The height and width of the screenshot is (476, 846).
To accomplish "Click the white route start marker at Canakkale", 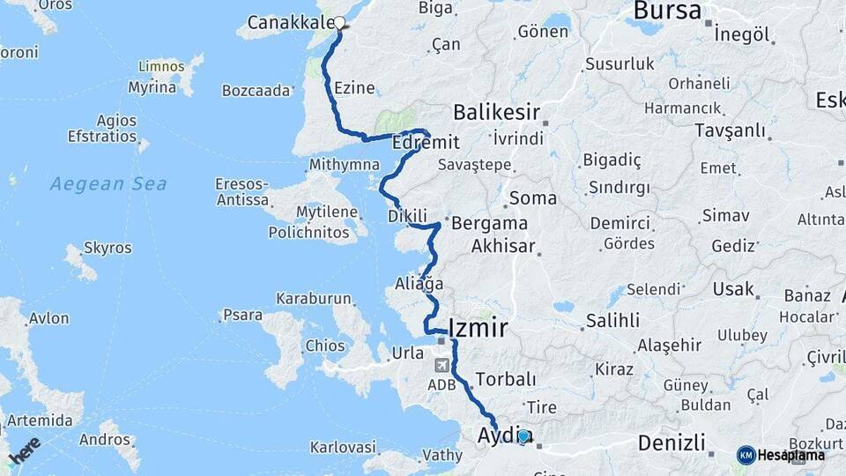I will tap(339, 23).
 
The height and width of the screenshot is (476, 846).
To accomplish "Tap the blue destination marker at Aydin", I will tap(524, 435).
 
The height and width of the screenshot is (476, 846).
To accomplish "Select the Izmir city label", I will tap(479, 329).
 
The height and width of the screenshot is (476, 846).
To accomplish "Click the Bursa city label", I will tap(667, 11).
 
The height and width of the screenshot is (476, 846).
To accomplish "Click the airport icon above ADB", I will tap(442, 364).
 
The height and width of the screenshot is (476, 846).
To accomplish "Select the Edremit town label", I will tap(426, 142).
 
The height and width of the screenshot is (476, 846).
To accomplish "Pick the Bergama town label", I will tap(489, 223).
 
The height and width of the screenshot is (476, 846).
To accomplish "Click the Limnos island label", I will tap(161, 67).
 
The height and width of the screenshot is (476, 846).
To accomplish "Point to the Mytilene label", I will tap(326, 212).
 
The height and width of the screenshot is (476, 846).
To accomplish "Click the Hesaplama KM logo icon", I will tap(746, 455).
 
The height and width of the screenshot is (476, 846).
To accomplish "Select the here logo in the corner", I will tap(23, 450).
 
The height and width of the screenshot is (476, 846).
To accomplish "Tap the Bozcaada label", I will tap(256, 91).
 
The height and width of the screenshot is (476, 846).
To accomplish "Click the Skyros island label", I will tap(108, 249).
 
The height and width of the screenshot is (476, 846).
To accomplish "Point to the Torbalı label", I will tap(505, 380).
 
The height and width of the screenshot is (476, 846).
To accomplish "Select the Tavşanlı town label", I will tap(705, 130).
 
